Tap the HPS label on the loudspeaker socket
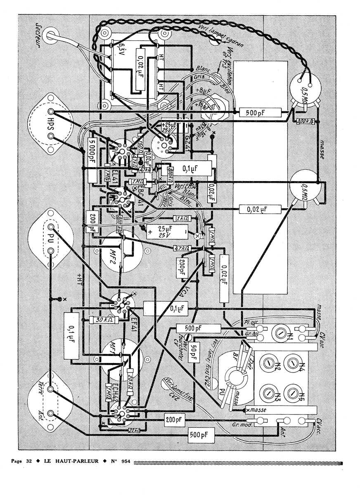tap(52, 124)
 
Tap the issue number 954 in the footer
tap(125, 461)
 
